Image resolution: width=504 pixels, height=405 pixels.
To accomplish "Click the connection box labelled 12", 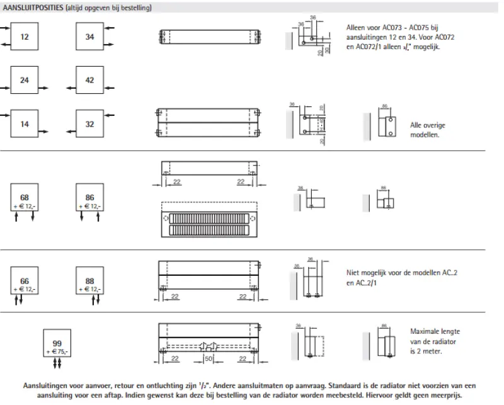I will pos(25,37).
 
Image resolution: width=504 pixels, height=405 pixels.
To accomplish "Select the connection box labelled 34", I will pos(89,37).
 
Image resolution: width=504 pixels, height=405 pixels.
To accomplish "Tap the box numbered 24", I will pos(25,81).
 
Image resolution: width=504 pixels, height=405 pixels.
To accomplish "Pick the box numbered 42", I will pos(89,81).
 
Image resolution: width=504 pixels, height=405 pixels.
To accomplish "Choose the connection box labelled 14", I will pos(25,124).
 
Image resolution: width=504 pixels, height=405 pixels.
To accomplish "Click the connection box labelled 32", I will pos(89,124).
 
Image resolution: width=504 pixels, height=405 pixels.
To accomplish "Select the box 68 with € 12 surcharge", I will pos(25,200).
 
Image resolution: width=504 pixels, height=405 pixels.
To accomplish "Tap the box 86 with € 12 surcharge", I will pos(89,200).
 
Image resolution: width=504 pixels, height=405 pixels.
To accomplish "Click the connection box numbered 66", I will pos(25,283).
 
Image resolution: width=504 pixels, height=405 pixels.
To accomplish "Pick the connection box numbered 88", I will pos(89,283).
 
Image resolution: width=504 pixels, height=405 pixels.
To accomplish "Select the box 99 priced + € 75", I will pos(57,343).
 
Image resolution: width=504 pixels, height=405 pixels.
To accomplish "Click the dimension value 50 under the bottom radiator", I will pos(208,358).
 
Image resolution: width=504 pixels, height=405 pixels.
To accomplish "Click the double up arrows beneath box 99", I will pos(57,363).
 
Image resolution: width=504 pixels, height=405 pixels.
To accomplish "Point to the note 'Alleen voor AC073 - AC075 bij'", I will pos(399,28).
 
